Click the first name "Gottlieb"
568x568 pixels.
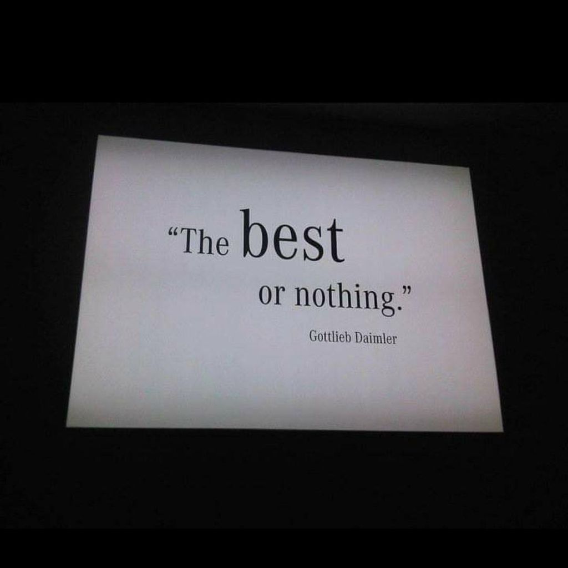pos(330,337)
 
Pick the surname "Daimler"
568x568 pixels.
pos(376,339)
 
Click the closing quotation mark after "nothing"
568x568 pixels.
pos(407,290)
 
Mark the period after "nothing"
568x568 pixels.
pos(399,308)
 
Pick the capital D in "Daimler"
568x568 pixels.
pos(359,338)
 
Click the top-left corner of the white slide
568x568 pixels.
pos(99,135)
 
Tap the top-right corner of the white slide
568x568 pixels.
pos(470,168)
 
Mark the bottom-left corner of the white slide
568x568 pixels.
pos(67,427)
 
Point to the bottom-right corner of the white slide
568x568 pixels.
pos(503,432)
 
